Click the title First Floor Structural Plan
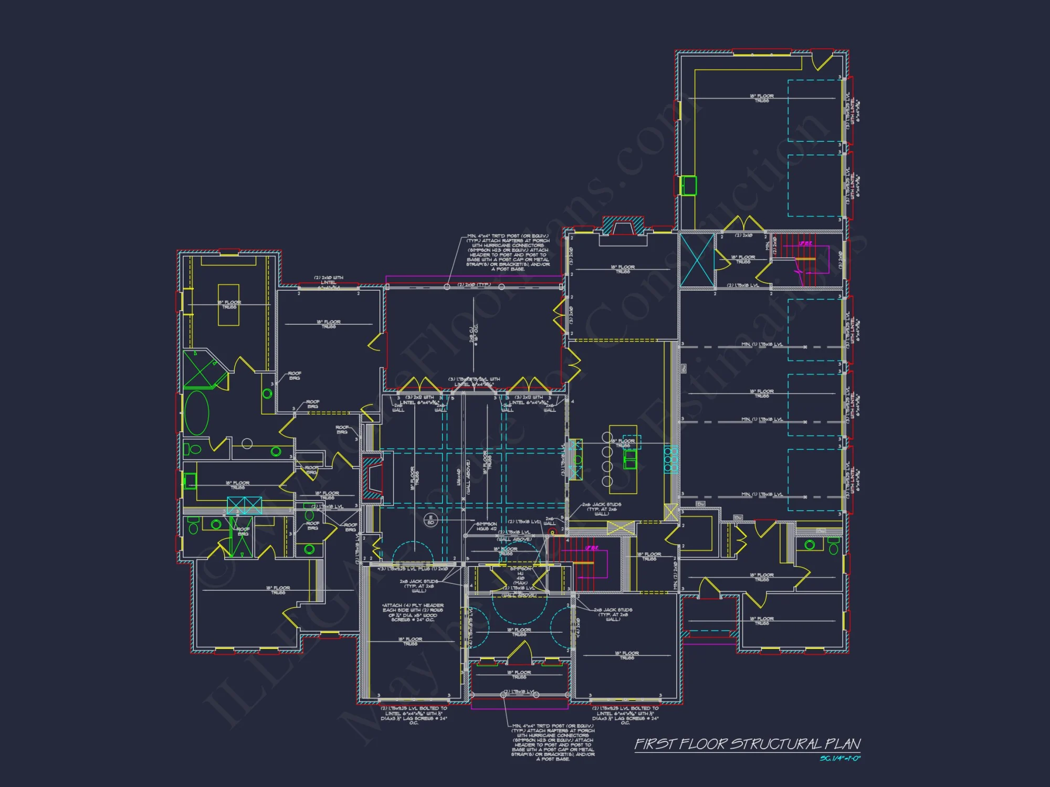point(747,744)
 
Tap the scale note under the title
point(840,758)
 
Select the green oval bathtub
point(197,413)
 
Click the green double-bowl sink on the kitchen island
point(630,460)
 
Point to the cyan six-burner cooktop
point(671,459)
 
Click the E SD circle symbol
point(430,520)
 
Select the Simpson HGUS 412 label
point(486,526)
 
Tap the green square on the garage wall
point(688,186)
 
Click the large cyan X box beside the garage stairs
point(697,260)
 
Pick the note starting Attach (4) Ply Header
point(413,612)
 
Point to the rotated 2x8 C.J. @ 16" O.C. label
point(474,334)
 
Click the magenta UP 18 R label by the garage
point(805,243)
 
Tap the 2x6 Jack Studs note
point(601,509)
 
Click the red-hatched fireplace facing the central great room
point(374,477)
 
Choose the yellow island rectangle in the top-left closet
point(228,305)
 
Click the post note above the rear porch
point(508,252)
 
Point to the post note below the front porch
point(553,742)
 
